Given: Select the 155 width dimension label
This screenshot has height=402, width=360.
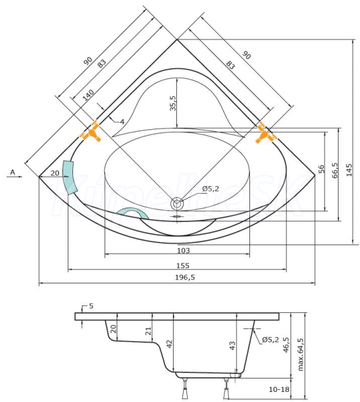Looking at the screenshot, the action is click(183, 265).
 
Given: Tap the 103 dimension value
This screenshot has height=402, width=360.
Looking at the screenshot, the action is click(183, 250).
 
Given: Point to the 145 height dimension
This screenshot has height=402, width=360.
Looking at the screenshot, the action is click(349, 170).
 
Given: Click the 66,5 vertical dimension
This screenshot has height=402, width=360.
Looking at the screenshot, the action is click(335, 170).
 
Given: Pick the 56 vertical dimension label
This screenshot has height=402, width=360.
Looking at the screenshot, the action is click(321, 170).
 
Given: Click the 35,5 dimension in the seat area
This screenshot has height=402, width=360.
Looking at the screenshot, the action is click(173, 103).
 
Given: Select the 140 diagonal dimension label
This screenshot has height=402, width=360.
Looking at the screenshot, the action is click(88, 95).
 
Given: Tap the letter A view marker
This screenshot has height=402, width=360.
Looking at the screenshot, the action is click(13, 172).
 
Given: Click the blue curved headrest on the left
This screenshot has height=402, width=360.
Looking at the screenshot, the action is click(70, 178).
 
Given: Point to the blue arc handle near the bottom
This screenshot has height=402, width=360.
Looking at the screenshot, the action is click(132, 212).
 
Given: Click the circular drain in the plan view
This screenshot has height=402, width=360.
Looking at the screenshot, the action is click(177, 204).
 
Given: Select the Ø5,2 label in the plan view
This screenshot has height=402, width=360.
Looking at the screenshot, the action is click(211, 189).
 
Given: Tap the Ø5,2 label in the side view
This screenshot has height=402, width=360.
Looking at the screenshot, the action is click(270, 340).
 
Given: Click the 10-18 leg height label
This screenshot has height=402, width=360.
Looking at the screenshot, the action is click(279, 389).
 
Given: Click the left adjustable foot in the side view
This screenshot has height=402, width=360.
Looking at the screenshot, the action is click(185, 388).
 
